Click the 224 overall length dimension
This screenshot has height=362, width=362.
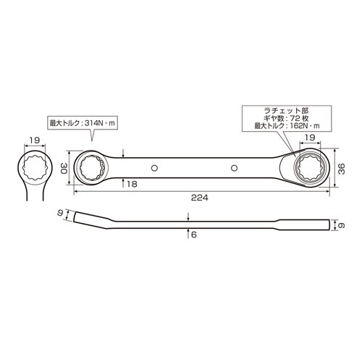pos(200,198)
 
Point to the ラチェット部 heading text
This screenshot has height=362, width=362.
pos(286,111)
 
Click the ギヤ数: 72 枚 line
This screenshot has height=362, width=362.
pos(287,118)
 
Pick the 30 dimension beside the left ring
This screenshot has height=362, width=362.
pos(64,168)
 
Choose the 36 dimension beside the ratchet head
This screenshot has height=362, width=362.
pos(342,169)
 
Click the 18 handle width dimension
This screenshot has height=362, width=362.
pos(132,184)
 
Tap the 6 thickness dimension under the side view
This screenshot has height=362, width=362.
pos(194,235)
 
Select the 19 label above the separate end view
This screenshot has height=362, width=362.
pos(35,140)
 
